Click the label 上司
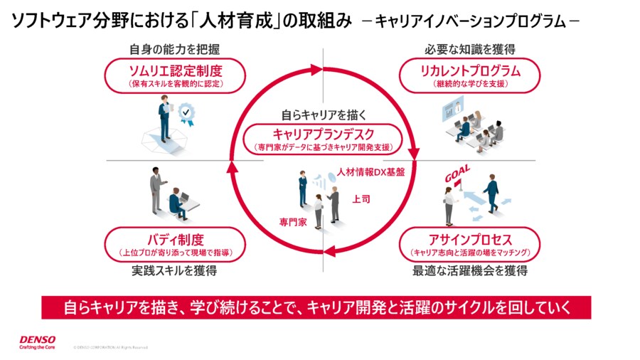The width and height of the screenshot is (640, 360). [x=361, y=199]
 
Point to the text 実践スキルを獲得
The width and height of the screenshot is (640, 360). [x=174, y=271]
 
